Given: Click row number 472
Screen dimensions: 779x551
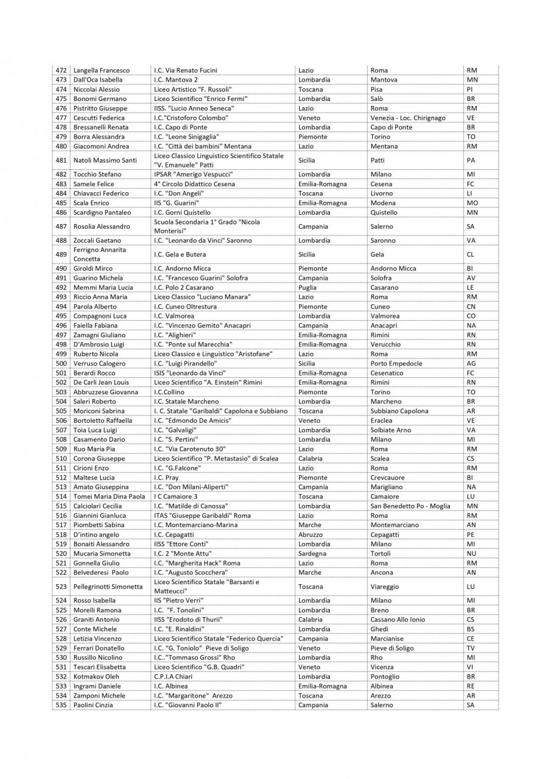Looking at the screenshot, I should pos(61,70).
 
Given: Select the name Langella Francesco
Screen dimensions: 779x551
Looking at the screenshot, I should pos(101,70).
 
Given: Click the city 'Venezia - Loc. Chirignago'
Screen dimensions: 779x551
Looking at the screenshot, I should pos(408,117).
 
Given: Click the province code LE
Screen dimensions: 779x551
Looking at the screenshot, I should pos(469,287).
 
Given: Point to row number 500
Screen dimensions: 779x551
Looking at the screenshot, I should pos(61,363).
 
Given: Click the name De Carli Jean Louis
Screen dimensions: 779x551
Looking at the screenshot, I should pos(101,382).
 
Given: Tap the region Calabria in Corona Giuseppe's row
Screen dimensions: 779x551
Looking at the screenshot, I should pos(311,458).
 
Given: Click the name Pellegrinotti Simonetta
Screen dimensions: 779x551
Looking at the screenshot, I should pos(108,587).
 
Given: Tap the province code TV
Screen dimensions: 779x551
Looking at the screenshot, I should pos(471,648).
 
